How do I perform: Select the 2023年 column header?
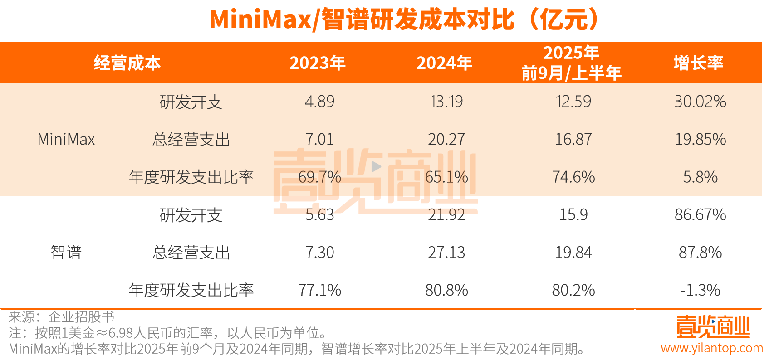tap(318, 63)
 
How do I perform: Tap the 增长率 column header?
tap(698, 63)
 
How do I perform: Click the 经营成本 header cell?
tap(127, 63)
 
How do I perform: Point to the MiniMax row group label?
tap(66, 139)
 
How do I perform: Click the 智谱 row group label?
tap(66, 252)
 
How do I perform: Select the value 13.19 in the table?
tap(446, 102)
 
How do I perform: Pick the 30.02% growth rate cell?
tap(700, 102)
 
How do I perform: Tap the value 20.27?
tap(446, 139)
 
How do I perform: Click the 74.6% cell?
tap(573, 177)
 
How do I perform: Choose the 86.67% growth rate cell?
tap(700, 214)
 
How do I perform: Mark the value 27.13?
tap(446, 252)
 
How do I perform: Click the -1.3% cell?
tap(700, 290)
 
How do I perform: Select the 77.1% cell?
tap(319, 290)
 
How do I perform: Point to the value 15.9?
tap(573, 214)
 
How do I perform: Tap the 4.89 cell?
tap(319, 102)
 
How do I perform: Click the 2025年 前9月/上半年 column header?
tap(571, 63)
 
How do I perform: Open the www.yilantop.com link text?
tap(711, 348)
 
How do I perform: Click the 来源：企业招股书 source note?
tap(61, 317)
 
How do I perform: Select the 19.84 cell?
tap(573, 252)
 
